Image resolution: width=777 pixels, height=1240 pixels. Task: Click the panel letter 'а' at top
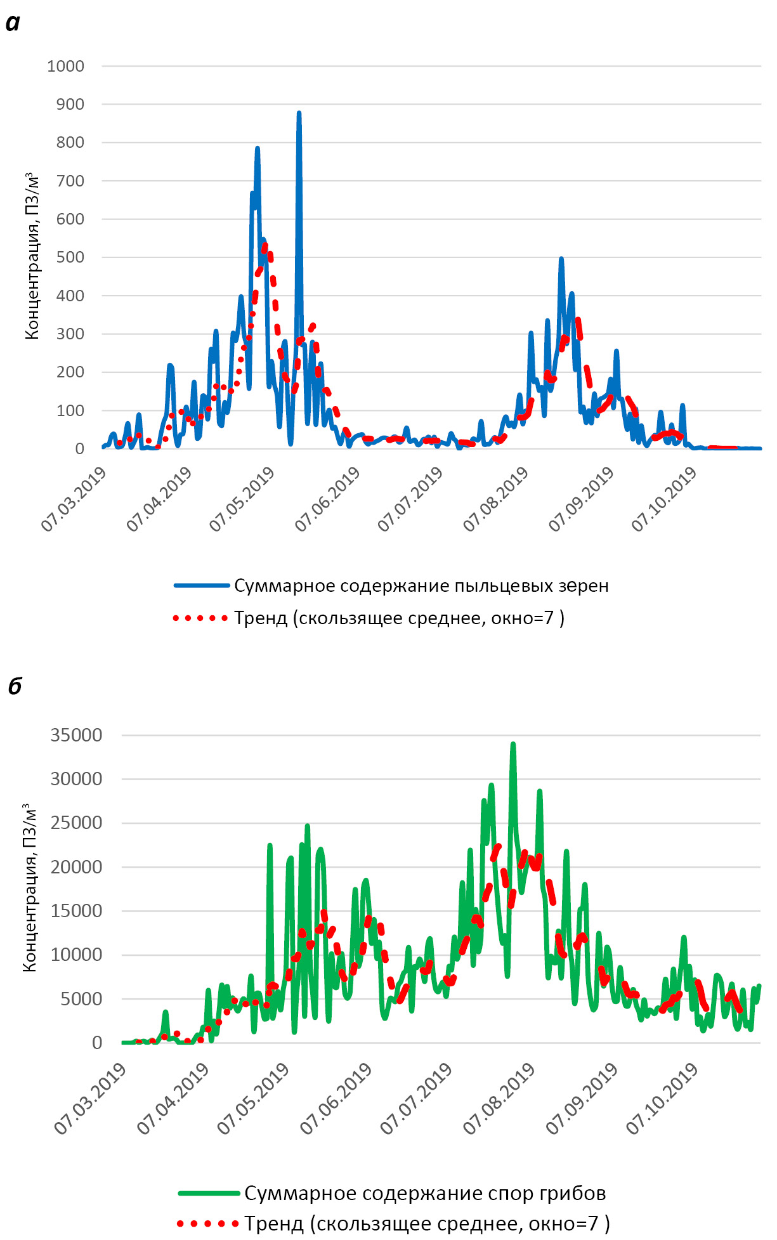click(13, 23)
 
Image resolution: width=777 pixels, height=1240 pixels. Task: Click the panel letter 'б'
click(15, 686)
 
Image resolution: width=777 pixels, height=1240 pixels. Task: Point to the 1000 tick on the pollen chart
click(65, 66)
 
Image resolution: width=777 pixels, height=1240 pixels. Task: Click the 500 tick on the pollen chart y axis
click(70, 258)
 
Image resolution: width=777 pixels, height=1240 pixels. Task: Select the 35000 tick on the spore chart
click(76, 735)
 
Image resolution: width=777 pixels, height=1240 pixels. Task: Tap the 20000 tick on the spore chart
click(76, 867)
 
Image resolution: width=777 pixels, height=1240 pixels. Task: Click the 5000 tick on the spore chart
click(81, 999)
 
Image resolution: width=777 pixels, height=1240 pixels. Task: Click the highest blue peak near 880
click(299, 114)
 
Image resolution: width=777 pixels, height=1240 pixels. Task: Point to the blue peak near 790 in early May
click(258, 148)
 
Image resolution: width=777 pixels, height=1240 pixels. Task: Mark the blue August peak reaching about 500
click(561, 259)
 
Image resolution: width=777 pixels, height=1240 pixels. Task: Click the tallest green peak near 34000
click(513, 744)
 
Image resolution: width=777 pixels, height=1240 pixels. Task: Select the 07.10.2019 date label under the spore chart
click(663, 1098)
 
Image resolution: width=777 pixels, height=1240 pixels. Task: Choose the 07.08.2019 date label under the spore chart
click(499, 1098)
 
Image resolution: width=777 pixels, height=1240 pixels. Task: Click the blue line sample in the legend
click(202, 585)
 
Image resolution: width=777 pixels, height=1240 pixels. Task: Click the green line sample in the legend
click(209, 1193)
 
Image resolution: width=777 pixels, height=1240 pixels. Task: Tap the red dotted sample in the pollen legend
click(200, 618)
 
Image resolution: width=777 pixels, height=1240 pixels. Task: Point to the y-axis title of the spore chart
click(30, 888)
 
